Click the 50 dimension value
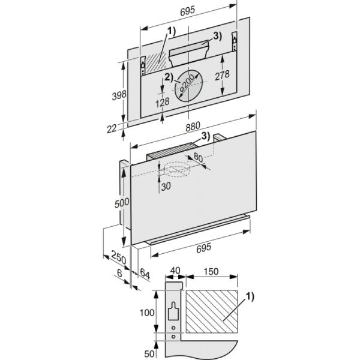147,351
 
